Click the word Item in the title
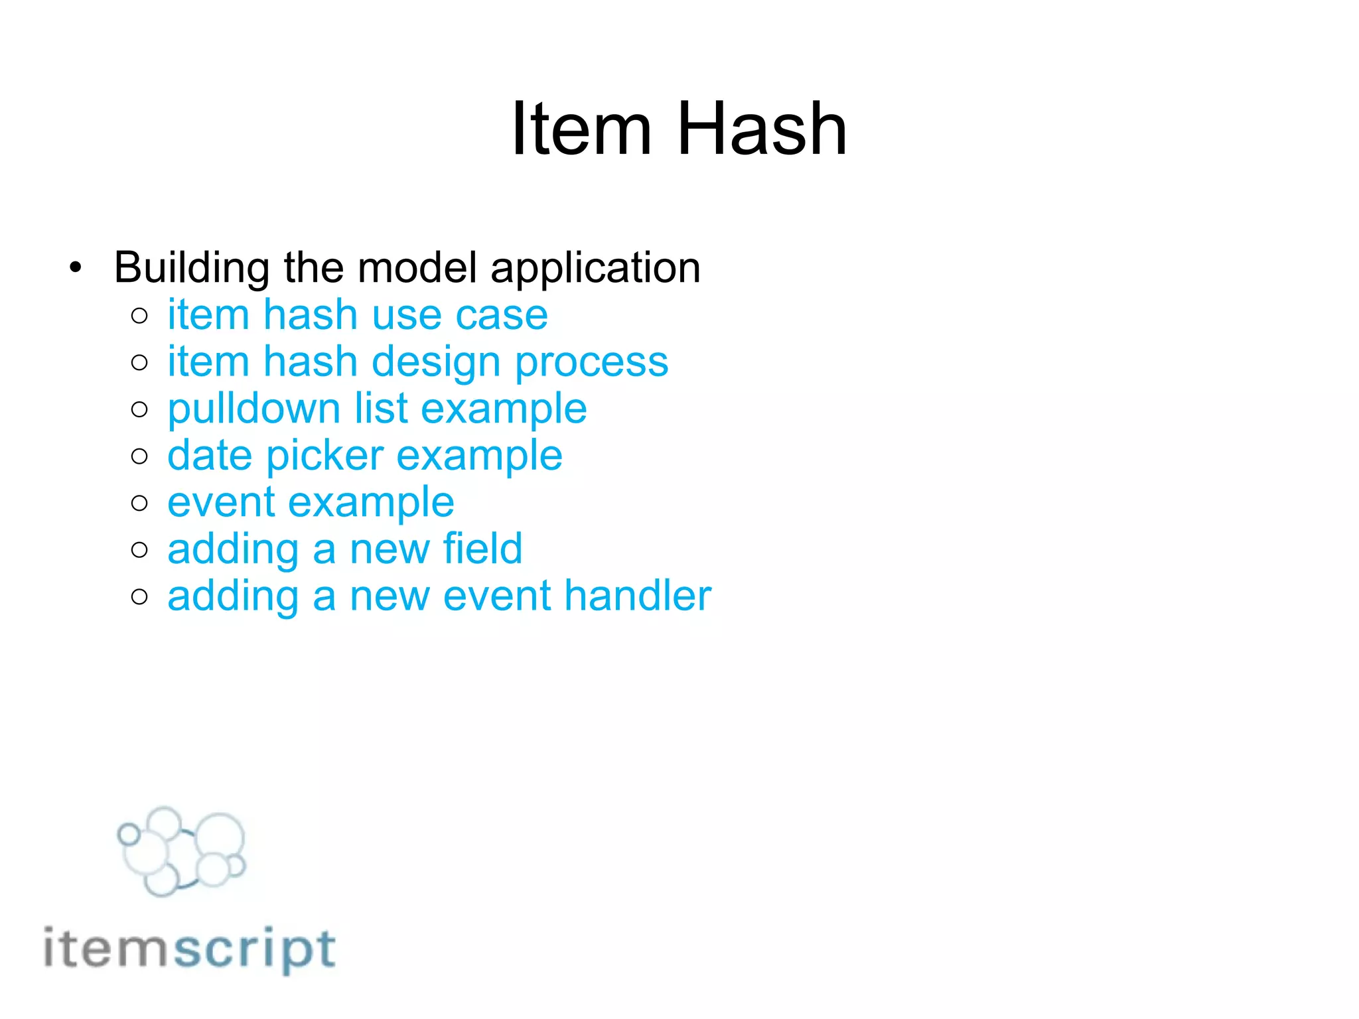click(581, 129)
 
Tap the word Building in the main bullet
click(191, 268)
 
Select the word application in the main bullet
click(595, 268)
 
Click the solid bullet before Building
click(76, 269)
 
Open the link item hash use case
click(357, 314)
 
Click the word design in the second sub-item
click(436, 362)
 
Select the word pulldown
click(253, 409)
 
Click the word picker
click(325, 456)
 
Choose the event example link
click(311, 502)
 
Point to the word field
click(482, 549)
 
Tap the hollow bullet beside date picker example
click(139, 456)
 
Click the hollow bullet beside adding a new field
click(139, 550)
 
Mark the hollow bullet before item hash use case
click(139, 316)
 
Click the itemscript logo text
click(189, 949)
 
